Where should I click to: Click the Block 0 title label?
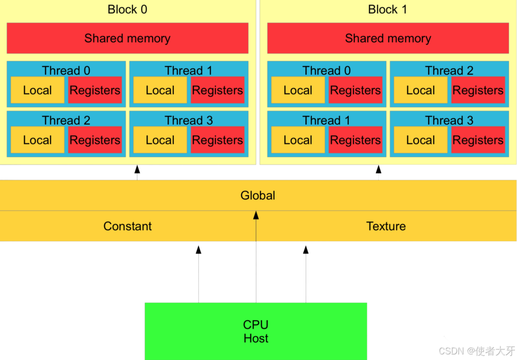pyautogui.click(x=127, y=10)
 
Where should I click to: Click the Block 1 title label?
pyautogui.click(x=387, y=10)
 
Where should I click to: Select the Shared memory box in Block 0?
pyautogui.click(x=127, y=38)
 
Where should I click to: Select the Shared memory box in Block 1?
pyautogui.click(x=388, y=38)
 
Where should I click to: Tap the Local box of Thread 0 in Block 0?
pyautogui.click(x=37, y=90)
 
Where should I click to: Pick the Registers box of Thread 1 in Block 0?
pyautogui.click(x=218, y=90)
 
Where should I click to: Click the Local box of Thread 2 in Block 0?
pyautogui.click(x=37, y=140)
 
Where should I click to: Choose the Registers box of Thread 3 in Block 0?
pyautogui.click(x=218, y=140)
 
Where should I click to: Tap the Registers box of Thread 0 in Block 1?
pyautogui.click(x=355, y=90)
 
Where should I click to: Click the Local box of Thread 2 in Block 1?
pyautogui.click(x=421, y=90)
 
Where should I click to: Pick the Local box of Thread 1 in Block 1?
pyautogui.click(x=298, y=140)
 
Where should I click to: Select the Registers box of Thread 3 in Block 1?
pyautogui.click(x=478, y=140)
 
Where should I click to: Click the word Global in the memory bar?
pyautogui.click(x=257, y=195)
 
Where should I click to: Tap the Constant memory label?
pyautogui.click(x=127, y=226)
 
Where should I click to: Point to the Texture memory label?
pyautogui.click(x=386, y=226)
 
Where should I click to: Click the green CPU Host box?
pyautogui.click(x=255, y=331)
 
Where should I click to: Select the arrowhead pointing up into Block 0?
pyautogui.click(x=137, y=169)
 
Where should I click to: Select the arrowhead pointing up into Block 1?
pyautogui.click(x=379, y=169)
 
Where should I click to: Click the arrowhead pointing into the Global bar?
pyautogui.click(x=256, y=215)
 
